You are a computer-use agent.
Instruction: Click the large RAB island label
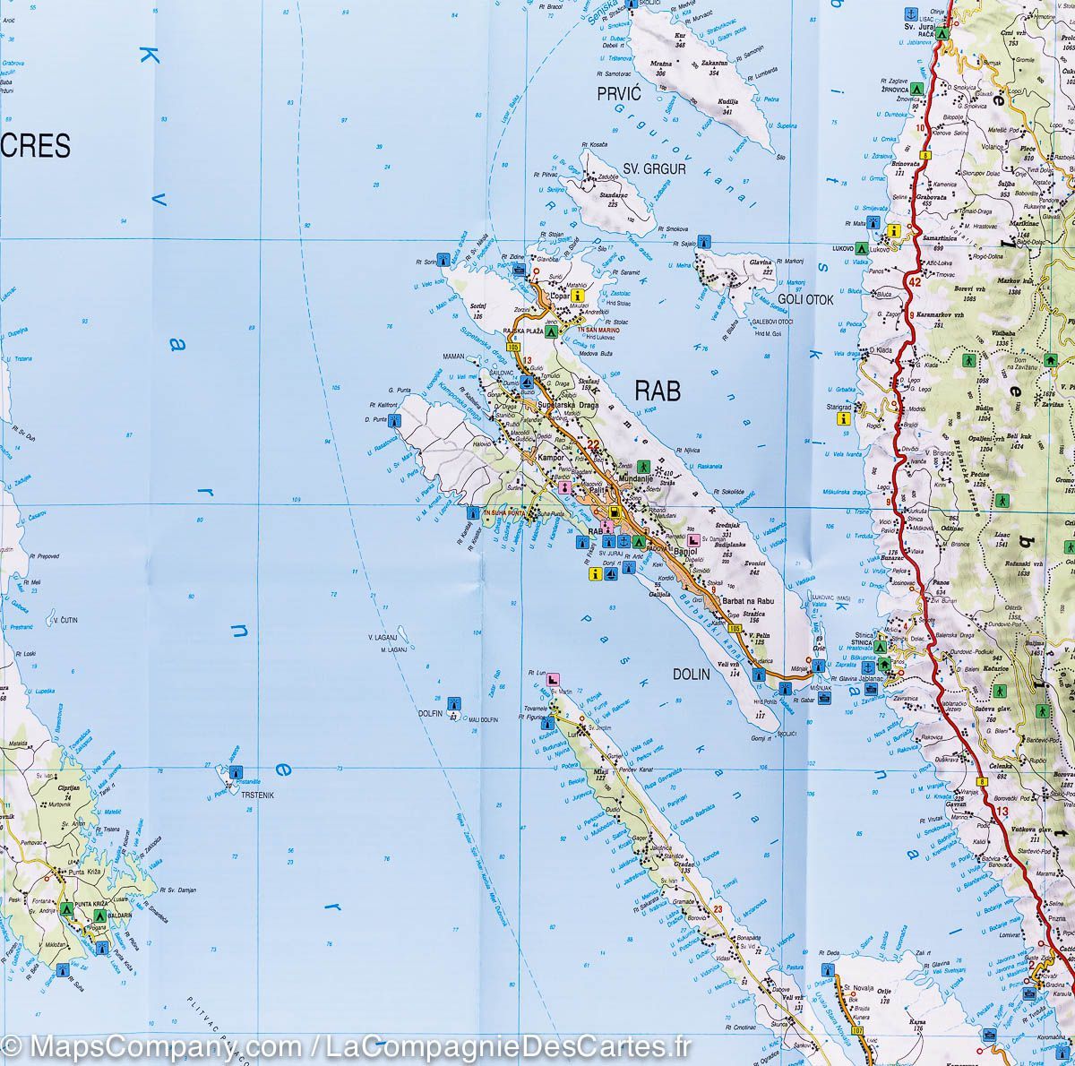(658, 391)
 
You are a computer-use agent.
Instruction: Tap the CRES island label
(41, 146)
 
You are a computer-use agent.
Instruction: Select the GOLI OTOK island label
(805, 300)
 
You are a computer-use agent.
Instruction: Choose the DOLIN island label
(691, 675)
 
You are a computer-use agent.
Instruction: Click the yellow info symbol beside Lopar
(580, 295)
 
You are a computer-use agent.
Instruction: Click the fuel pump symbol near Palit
(615, 513)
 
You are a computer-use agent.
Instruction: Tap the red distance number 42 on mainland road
(914, 283)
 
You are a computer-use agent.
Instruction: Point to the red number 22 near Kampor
(592, 444)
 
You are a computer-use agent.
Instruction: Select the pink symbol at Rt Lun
(554, 681)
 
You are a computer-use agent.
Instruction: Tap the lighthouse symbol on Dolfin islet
(453, 702)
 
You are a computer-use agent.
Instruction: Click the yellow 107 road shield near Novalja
(857, 1032)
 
